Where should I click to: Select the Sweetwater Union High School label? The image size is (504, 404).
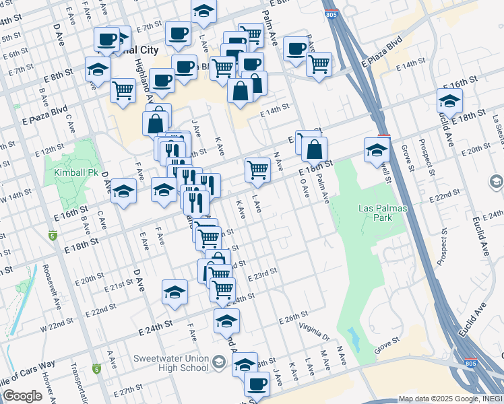171,363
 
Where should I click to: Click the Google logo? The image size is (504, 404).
22,396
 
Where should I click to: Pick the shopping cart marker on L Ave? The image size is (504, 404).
257,170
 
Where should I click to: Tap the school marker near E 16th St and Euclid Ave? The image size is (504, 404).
449,100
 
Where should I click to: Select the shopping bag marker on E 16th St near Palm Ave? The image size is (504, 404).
314,149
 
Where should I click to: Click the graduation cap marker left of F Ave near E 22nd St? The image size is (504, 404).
175,292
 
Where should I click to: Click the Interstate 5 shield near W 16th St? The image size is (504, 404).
53,236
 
